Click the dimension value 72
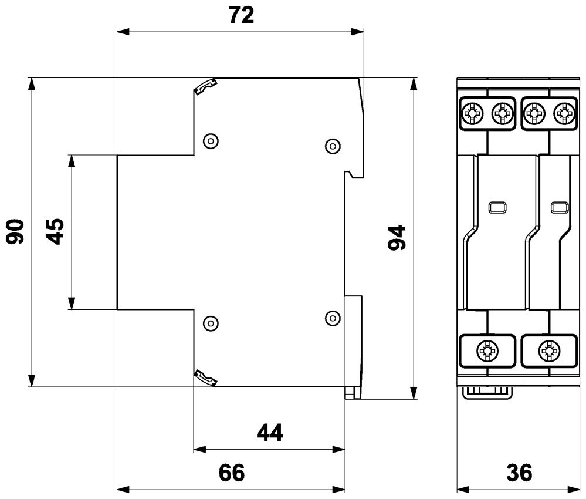point(241,16)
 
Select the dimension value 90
point(15,231)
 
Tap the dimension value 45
point(55,231)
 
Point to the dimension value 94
point(398,237)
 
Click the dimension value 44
point(270,433)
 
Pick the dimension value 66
point(231,473)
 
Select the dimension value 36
point(519,473)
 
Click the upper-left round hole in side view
point(210,141)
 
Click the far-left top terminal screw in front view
point(473,111)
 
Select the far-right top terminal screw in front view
point(564,111)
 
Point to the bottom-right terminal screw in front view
point(549,352)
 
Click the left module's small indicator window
point(496,207)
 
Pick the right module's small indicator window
point(559,207)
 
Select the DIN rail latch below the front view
point(487,392)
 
